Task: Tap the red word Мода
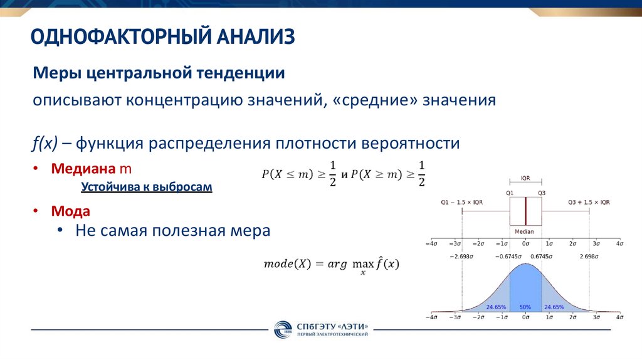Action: pos(70,211)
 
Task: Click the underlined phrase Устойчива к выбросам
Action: pos(147,187)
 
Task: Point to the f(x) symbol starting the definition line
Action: pos(46,143)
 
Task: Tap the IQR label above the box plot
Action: pos(525,178)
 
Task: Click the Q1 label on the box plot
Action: pos(510,193)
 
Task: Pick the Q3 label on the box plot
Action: pos(541,193)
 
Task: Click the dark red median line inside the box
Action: pos(525,212)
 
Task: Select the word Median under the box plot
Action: pos(525,231)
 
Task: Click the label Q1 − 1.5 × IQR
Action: pos(461,202)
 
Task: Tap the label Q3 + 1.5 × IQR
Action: pos(588,202)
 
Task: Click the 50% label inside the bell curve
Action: pos(525,307)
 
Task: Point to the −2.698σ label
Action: pos(461,257)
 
